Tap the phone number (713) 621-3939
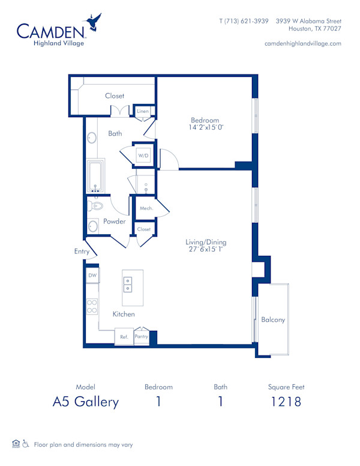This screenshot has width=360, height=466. click(x=244, y=20)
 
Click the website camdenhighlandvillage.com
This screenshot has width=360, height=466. click(x=302, y=43)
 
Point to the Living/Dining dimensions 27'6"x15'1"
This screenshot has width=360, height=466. click(x=206, y=250)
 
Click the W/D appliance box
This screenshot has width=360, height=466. click(x=143, y=156)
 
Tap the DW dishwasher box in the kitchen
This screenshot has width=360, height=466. click(x=92, y=275)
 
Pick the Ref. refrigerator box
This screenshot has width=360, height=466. click(x=124, y=337)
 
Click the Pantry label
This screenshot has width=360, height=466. click(x=141, y=337)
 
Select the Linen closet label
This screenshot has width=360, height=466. click(x=143, y=112)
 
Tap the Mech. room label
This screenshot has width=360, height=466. click(x=146, y=208)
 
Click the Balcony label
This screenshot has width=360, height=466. click(x=273, y=319)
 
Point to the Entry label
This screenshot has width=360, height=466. click(x=82, y=252)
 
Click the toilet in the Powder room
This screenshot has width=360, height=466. click(x=95, y=205)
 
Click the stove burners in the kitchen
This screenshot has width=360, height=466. click(x=92, y=306)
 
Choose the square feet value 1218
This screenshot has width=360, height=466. click(x=285, y=402)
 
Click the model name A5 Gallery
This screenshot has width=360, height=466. click(x=85, y=402)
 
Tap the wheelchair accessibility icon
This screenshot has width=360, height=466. click(x=26, y=444)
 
